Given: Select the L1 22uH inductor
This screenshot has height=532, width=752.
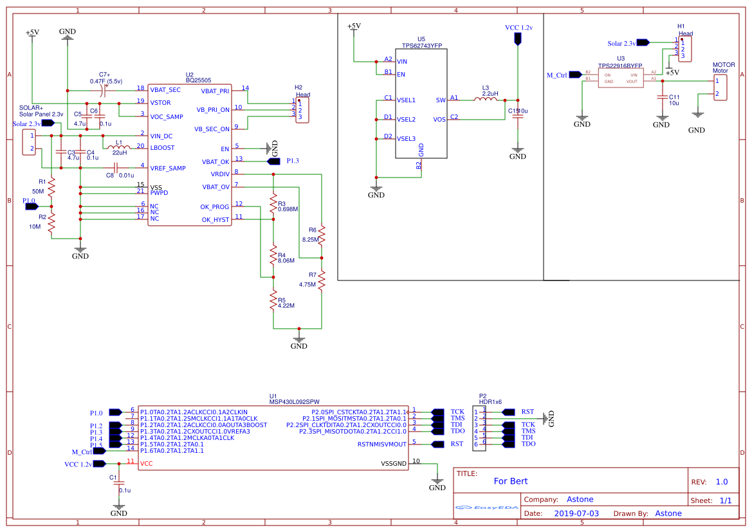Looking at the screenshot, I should tap(118, 147).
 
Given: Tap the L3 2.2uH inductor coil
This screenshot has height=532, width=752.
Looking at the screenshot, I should tap(486, 100).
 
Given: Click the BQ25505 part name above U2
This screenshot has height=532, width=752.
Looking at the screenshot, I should tap(198, 80).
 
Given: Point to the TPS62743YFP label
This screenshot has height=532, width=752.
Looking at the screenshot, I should tap(421, 46).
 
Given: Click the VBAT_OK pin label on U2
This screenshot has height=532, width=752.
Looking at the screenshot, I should tap(215, 161).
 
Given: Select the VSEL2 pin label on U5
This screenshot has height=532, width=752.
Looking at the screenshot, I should tap(406, 120).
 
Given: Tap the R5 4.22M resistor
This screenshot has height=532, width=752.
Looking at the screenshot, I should tap(273, 301).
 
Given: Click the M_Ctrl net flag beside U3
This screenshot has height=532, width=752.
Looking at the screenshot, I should tap(574, 75).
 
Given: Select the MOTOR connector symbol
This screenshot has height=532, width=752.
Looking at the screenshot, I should tap(720, 87).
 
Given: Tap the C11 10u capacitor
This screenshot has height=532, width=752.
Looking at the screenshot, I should tap(661, 98).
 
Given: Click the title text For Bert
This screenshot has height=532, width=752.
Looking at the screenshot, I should tap(510, 481).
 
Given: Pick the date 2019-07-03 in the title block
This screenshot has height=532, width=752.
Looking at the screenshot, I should tap(576, 513).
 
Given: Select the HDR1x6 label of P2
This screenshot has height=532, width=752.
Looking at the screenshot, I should tap(490, 401).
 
